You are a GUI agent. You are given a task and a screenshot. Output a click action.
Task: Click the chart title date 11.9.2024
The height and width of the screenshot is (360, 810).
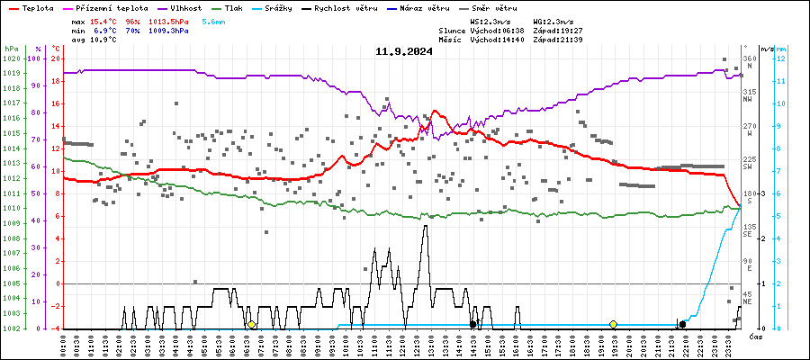404,51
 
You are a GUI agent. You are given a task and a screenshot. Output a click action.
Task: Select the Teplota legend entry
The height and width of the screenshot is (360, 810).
31,8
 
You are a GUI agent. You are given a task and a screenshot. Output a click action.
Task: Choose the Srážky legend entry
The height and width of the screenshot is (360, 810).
275,8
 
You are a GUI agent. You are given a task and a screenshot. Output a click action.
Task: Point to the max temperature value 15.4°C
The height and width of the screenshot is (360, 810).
103,21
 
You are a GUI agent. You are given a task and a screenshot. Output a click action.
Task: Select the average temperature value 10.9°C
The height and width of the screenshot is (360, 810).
103,40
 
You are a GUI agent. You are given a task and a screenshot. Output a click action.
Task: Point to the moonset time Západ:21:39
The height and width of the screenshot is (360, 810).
558,40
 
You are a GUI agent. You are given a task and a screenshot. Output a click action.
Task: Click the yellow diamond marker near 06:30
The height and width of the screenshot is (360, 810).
251,324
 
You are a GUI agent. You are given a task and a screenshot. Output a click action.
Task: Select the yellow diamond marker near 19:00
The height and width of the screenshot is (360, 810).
613,324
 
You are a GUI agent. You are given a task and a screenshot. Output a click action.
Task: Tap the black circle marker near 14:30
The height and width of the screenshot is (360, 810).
473,324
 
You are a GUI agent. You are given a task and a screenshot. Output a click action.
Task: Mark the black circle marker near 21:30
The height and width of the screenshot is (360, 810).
682,324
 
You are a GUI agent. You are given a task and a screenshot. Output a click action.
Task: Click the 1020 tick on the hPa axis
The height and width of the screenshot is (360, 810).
11,59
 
